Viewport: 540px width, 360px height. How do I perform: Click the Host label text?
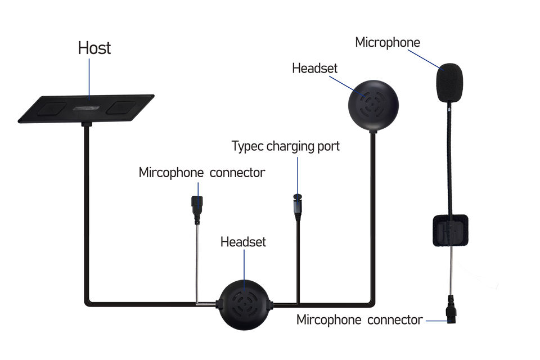click(x=94, y=48)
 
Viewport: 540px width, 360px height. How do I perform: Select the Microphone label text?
click(x=388, y=42)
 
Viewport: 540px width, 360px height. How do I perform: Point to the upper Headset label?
click(x=314, y=68)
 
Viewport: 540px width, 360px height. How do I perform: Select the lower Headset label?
click(x=243, y=242)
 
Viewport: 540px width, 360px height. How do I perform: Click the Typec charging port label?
click(x=286, y=146)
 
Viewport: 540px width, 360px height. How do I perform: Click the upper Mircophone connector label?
click(x=201, y=173)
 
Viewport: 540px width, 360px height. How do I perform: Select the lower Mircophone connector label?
click(x=359, y=320)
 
